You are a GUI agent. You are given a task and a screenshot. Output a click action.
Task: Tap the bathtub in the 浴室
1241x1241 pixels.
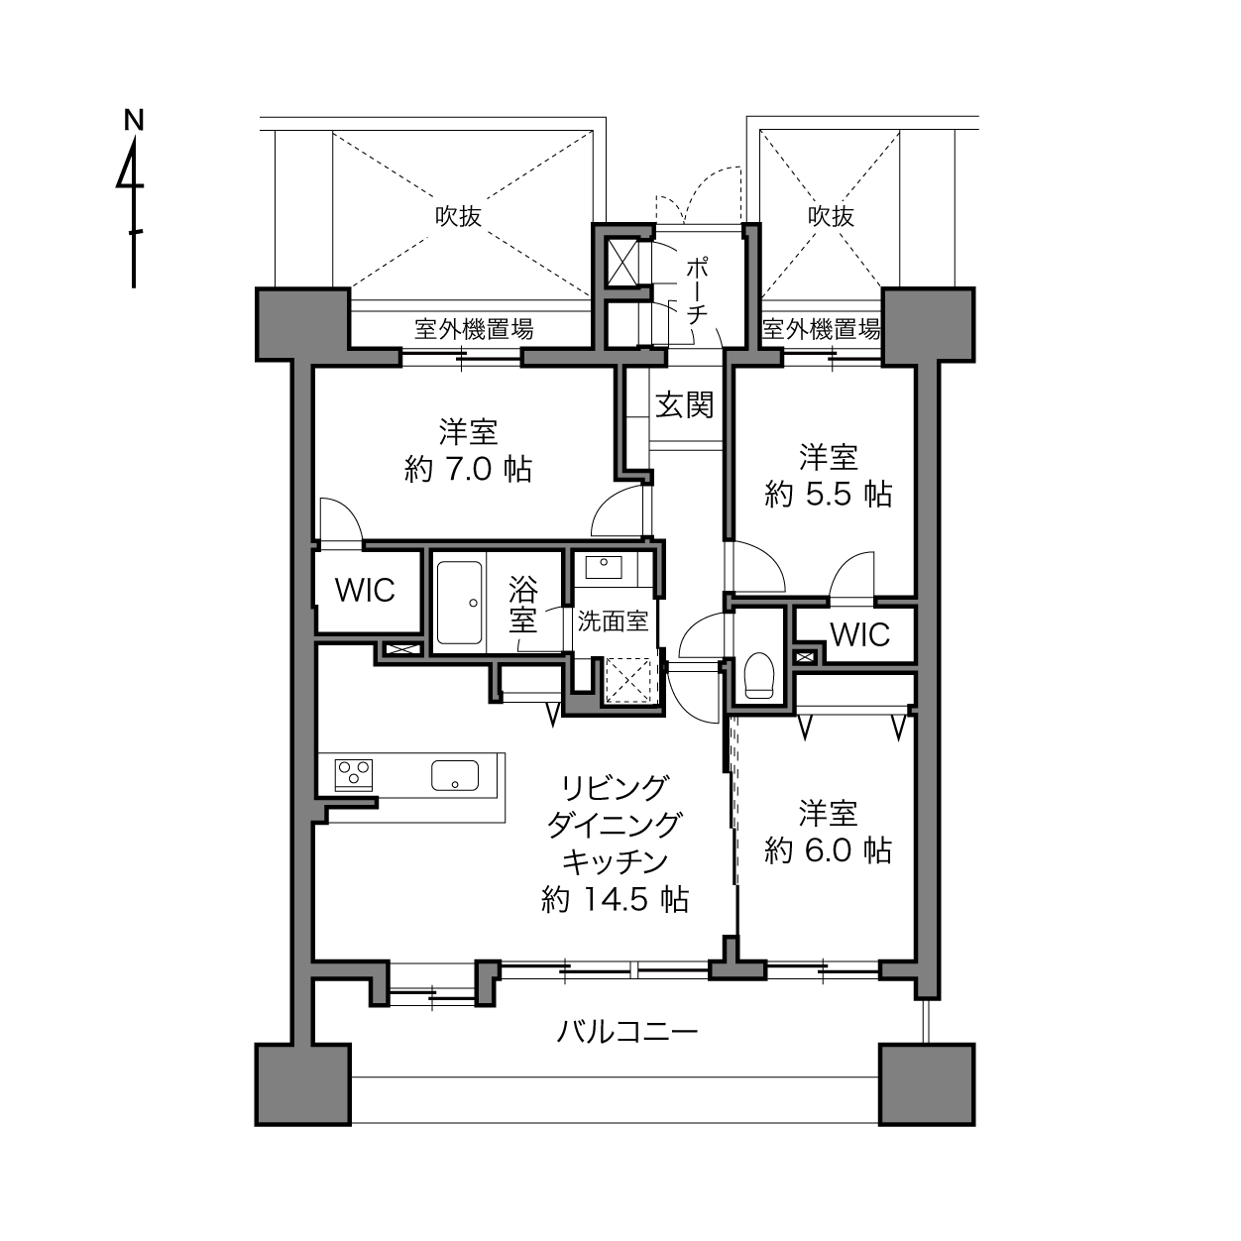(459, 603)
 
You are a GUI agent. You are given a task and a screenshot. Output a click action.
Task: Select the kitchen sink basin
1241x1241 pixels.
(455, 775)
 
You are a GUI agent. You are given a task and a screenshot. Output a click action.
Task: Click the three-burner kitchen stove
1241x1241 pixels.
(354, 775)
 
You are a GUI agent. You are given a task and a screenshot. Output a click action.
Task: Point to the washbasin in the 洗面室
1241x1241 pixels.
(604, 567)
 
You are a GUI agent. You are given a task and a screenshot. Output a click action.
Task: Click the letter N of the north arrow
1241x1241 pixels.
(134, 120)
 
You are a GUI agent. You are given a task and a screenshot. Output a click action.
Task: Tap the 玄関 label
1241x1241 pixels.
(685, 405)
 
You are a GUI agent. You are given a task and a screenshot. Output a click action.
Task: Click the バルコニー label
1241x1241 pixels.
(626, 1033)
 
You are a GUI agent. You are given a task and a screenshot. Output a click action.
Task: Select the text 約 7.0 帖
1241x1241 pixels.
(468, 470)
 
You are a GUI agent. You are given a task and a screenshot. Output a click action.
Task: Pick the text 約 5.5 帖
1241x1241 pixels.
(829, 495)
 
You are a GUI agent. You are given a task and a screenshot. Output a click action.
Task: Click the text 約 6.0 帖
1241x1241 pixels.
(829, 850)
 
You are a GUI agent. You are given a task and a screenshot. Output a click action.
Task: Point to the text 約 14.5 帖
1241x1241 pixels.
(615, 899)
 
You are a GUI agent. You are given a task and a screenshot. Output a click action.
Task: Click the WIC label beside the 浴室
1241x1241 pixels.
(365, 591)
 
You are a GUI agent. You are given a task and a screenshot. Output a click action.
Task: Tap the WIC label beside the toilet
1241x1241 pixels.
(859, 635)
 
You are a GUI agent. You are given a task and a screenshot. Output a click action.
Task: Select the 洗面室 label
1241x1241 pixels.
(613, 621)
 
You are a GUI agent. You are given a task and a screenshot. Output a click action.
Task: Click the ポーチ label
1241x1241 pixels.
(697, 290)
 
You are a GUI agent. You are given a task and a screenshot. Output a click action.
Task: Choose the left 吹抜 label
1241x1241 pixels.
(459, 216)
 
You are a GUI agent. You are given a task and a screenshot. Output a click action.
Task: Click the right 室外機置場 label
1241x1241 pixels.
(821, 329)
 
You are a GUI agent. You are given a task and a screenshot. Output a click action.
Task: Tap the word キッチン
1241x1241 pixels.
(615, 861)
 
